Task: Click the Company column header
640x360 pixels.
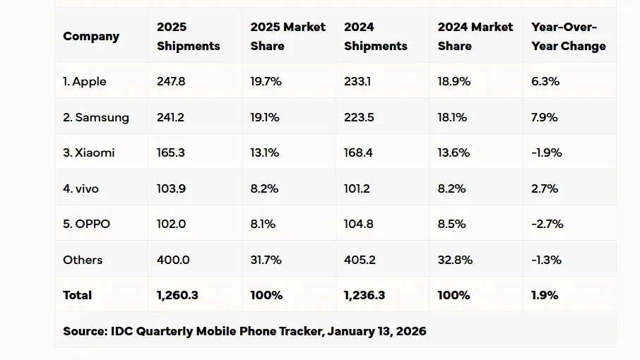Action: point(91,36)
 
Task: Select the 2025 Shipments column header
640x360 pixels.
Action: point(188,36)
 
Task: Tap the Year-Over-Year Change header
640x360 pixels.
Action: point(568,36)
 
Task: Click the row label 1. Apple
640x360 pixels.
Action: point(85,81)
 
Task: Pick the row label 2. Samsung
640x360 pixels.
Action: point(96,117)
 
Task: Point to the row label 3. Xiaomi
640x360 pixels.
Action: point(89,152)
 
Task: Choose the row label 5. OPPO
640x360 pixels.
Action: point(87,224)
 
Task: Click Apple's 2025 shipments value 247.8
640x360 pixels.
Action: point(171,81)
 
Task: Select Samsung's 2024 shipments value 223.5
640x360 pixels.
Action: point(359,117)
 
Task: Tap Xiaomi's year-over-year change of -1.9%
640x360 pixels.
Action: point(547,152)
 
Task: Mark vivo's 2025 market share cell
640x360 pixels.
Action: point(264,188)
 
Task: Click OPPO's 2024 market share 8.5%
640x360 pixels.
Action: point(451,224)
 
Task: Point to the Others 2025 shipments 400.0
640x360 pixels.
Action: point(173,260)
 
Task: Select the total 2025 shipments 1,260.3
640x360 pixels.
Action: point(177,295)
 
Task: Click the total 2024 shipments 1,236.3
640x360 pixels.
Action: point(365,295)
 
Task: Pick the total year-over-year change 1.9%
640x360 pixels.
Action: point(544,295)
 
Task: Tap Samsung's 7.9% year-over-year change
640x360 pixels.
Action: point(545,117)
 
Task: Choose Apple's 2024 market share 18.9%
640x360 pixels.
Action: point(453,81)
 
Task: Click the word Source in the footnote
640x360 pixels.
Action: point(83,330)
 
